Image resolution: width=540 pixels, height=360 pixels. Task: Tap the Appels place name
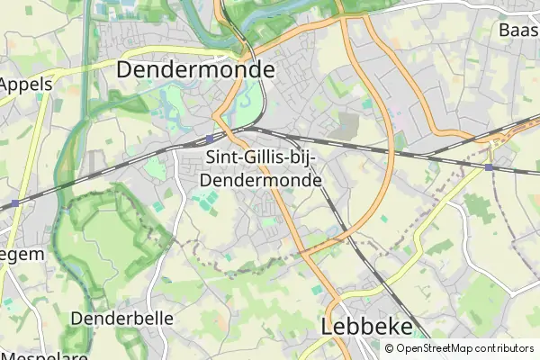tap(26, 85)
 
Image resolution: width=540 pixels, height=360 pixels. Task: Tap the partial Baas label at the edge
tap(519, 30)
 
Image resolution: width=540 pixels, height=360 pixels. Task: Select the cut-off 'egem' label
tap(22, 255)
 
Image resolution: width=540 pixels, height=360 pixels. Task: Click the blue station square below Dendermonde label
tap(209, 139)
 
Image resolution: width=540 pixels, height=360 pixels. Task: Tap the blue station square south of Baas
tap(489, 166)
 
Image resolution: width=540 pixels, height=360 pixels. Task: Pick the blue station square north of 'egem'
tap(15, 204)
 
